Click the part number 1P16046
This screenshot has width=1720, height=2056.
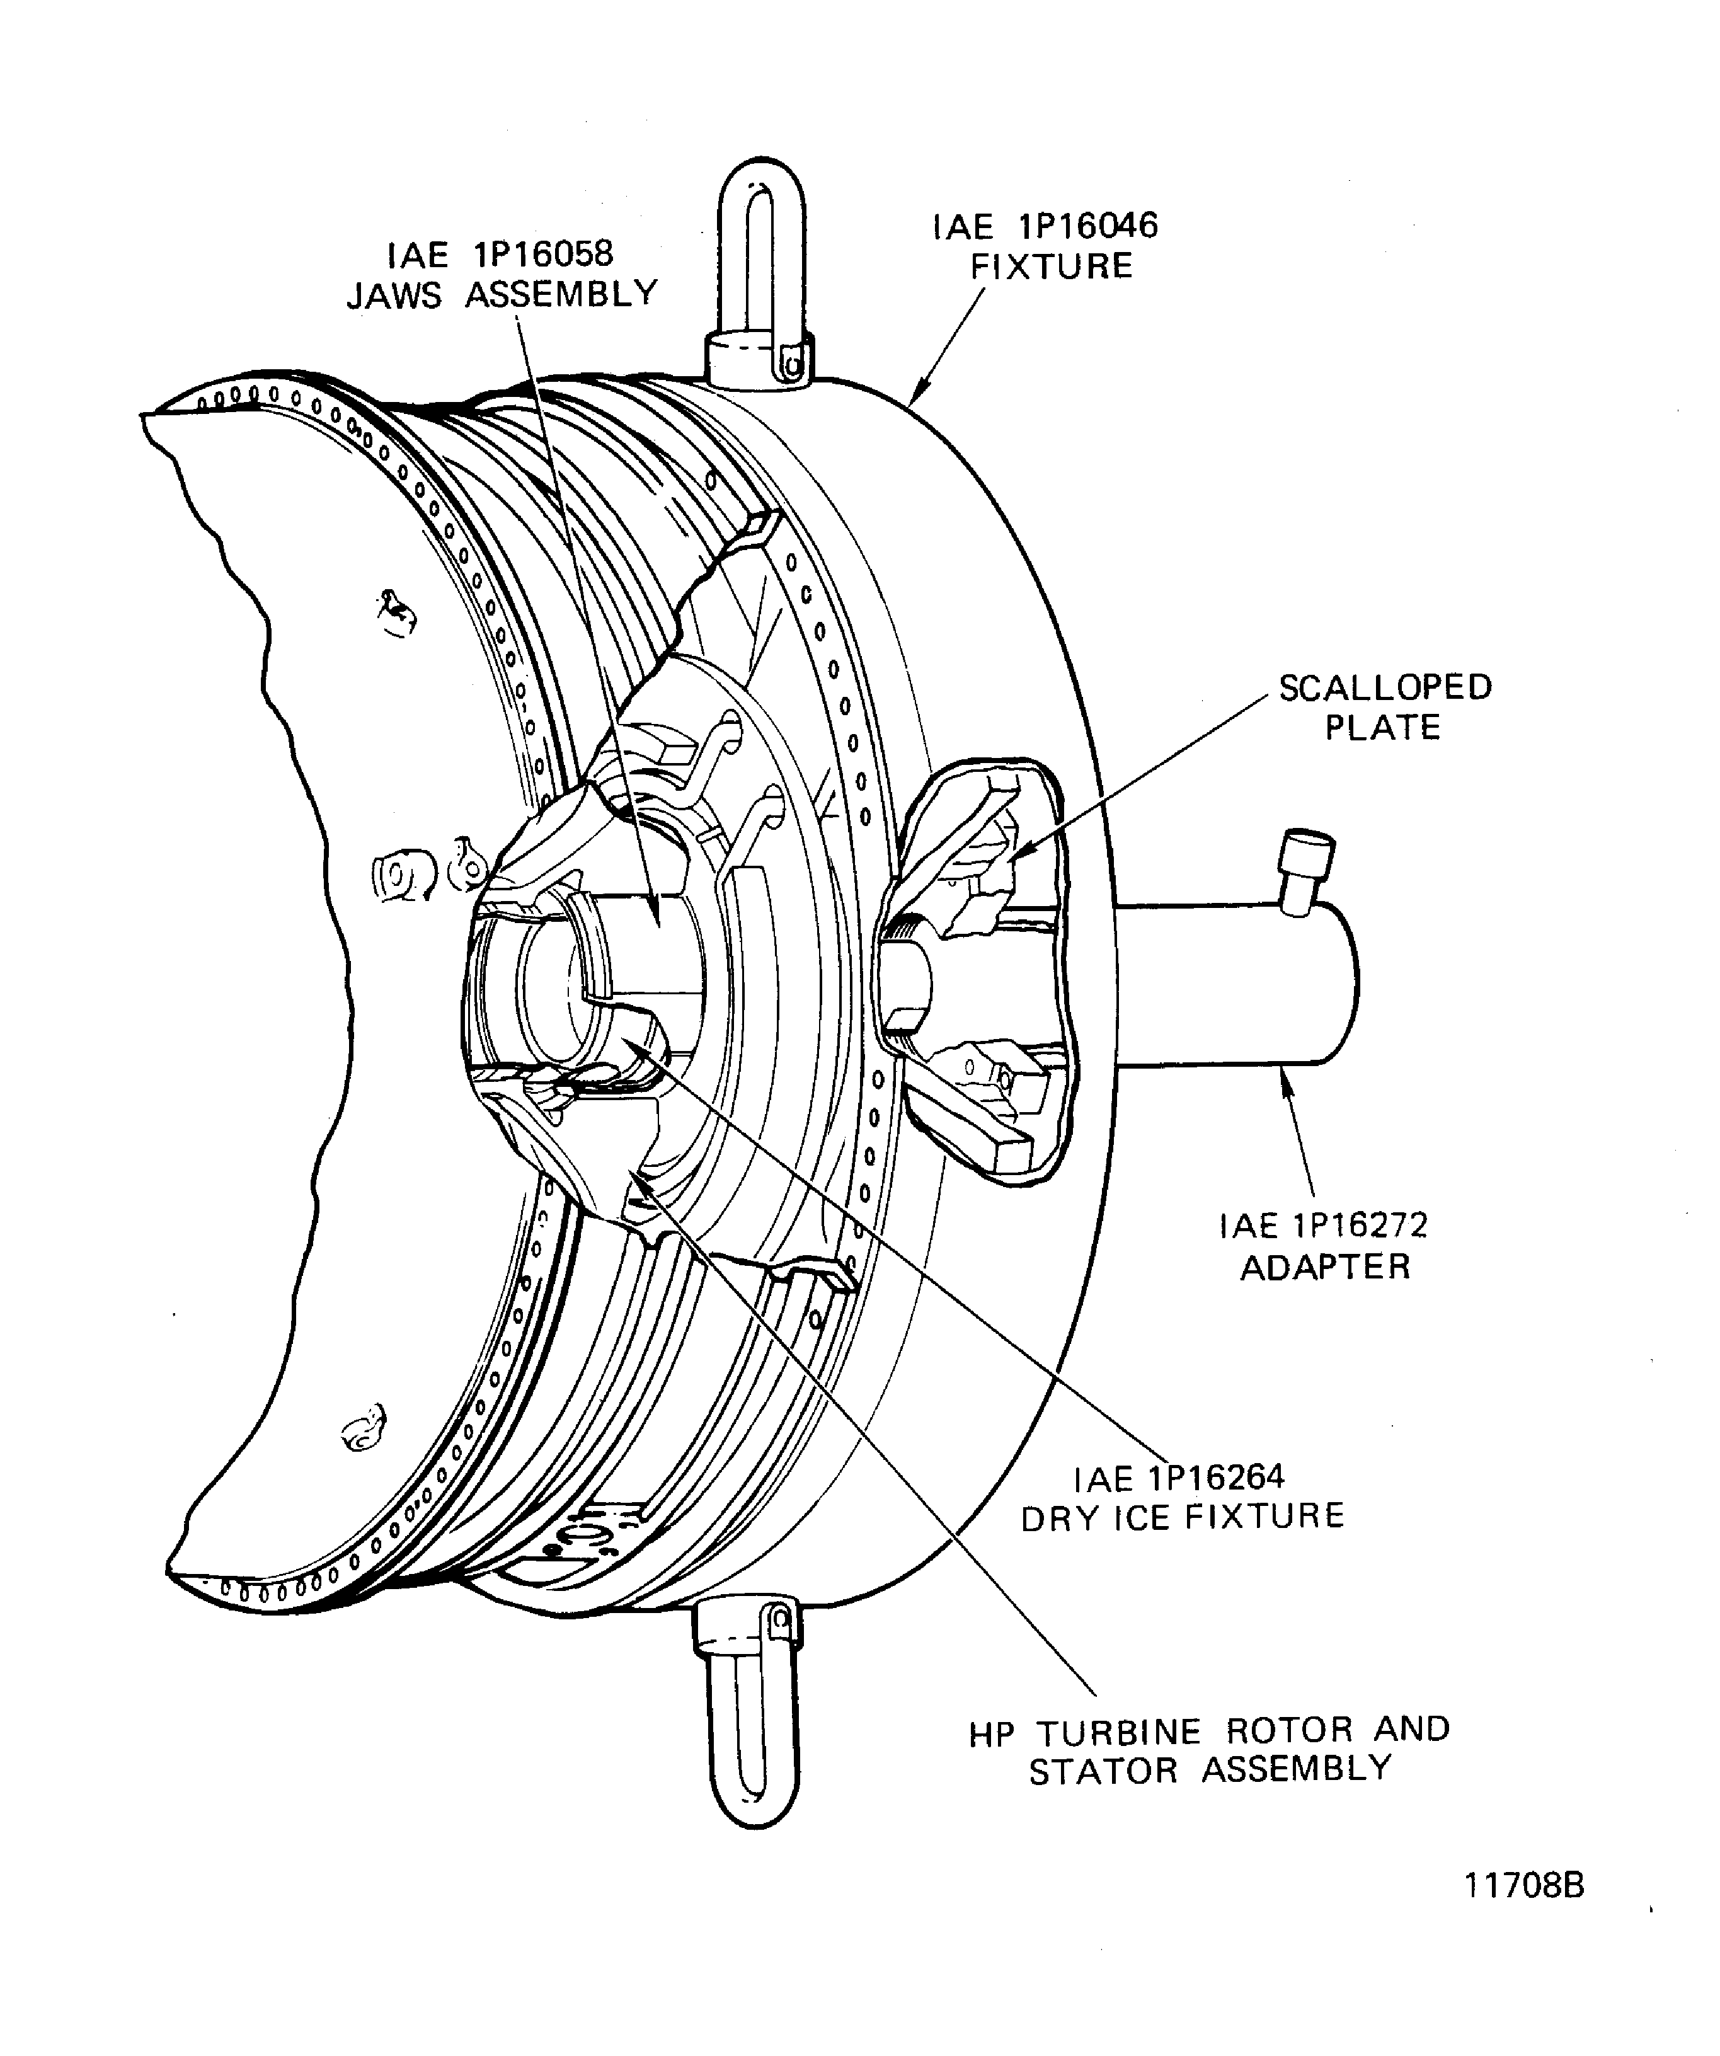click(x=1087, y=226)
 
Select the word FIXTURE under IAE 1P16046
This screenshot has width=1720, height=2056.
click(x=1052, y=267)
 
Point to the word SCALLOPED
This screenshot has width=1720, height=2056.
click(x=1384, y=687)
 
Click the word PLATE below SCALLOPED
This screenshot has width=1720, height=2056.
click(x=1382, y=728)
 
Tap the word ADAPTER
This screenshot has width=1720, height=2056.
click(x=1326, y=1267)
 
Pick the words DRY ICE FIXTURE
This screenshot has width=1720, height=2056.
click(x=1183, y=1517)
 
